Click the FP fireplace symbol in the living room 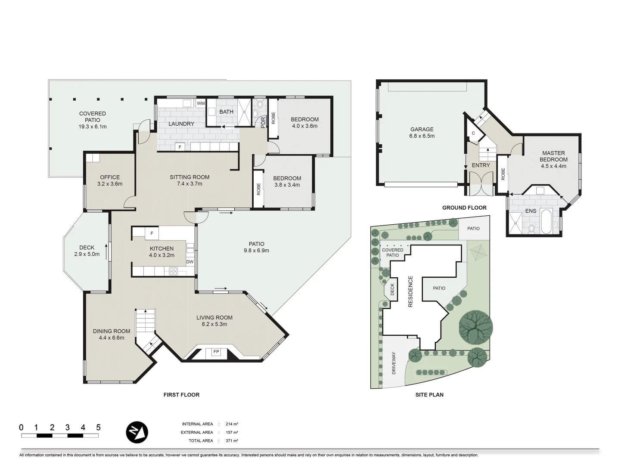click(x=216, y=352)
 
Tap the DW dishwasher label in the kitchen click(x=189, y=262)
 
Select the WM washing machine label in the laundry click(x=201, y=103)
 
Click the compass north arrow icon click(x=137, y=432)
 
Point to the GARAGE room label click(x=422, y=129)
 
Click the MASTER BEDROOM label click(x=553, y=156)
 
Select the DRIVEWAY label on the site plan click(x=394, y=363)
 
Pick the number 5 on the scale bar click(x=98, y=428)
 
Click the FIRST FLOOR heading click(x=181, y=394)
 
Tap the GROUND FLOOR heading click(x=464, y=208)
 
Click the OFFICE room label click(x=110, y=177)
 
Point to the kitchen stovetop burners click(x=173, y=271)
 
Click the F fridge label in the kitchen click(x=151, y=234)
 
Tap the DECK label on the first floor click(x=87, y=248)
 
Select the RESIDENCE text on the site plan click(x=410, y=291)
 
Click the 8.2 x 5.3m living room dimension click(x=214, y=324)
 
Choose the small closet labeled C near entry click(x=473, y=133)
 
